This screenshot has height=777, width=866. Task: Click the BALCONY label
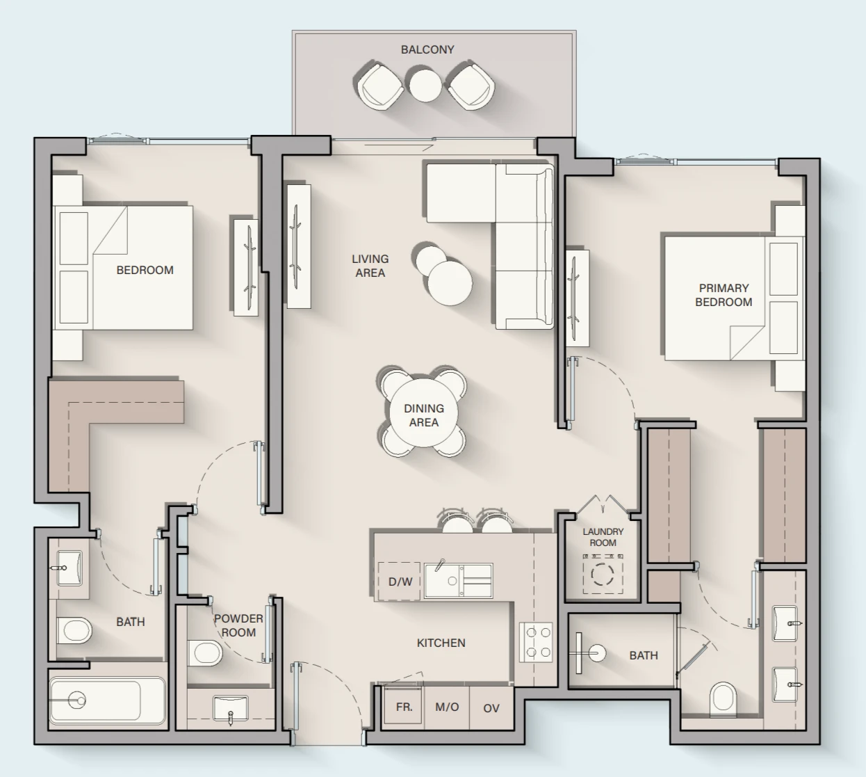click(427, 49)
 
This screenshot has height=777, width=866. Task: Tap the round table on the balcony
click(425, 85)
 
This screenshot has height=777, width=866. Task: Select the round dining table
click(423, 413)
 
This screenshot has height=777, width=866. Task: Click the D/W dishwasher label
click(400, 582)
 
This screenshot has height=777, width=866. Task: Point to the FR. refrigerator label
click(404, 707)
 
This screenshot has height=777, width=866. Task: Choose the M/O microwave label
click(447, 707)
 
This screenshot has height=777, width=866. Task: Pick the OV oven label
click(491, 708)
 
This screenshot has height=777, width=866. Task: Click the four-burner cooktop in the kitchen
click(536, 642)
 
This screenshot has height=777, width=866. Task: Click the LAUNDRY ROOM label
click(603, 537)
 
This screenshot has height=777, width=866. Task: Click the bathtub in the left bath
click(107, 700)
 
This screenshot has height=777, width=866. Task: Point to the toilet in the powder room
click(204, 653)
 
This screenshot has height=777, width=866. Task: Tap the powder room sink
click(230, 709)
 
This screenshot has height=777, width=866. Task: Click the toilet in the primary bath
click(723, 698)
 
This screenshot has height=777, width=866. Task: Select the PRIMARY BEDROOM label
click(724, 295)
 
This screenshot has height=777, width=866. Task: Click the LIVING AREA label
click(370, 266)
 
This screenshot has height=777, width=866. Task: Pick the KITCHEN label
click(441, 643)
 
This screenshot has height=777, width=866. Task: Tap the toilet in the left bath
click(74, 630)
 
